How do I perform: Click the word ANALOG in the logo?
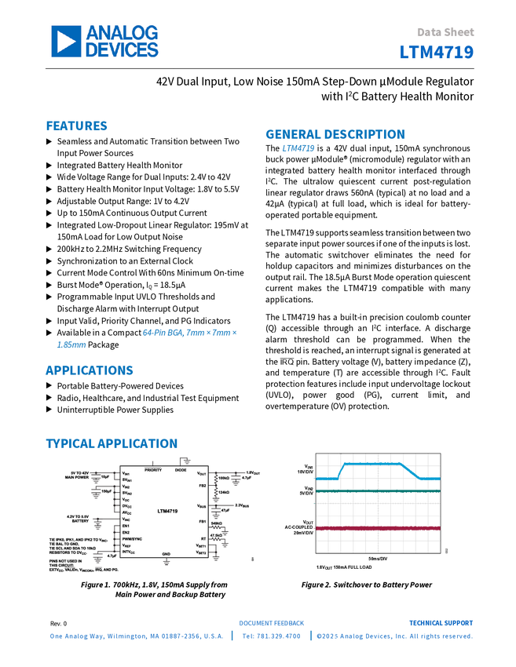tap(122, 33)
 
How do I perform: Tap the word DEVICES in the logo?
tap(122, 49)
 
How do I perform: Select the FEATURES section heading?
tap(76, 126)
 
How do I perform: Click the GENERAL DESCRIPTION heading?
tap(335, 135)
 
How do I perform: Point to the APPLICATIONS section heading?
tap(89, 370)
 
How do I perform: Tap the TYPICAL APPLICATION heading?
tap(111, 443)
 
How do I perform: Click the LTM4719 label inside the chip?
tap(167, 510)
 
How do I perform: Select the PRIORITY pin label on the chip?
tap(152, 469)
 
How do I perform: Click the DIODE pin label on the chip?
tap(180, 469)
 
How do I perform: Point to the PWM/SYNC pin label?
tap(131, 538)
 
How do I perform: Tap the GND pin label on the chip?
tap(166, 554)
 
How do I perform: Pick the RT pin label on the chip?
tap(203, 538)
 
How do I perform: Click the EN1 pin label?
tap(126, 526)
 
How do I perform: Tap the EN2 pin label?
tap(126, 532)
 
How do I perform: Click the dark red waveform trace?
tap(377, 528)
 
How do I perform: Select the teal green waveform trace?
tap(377, 491)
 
